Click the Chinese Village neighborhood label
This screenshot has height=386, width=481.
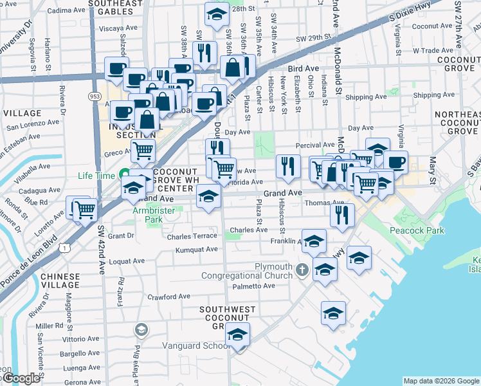pyautogui.click(x=59, y=280)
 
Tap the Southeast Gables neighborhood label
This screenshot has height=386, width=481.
pyautogui.click(x=115, y=7)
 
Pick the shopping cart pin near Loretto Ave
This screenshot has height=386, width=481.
pyautogui.click(x=85, y=209)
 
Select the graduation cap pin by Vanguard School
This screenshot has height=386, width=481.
pyautogui.click(x=238, y=335)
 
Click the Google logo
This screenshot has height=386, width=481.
pyautogui.click(x=21, y=378)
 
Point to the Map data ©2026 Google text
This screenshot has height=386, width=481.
pyautogui.click(x=440, y=381)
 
